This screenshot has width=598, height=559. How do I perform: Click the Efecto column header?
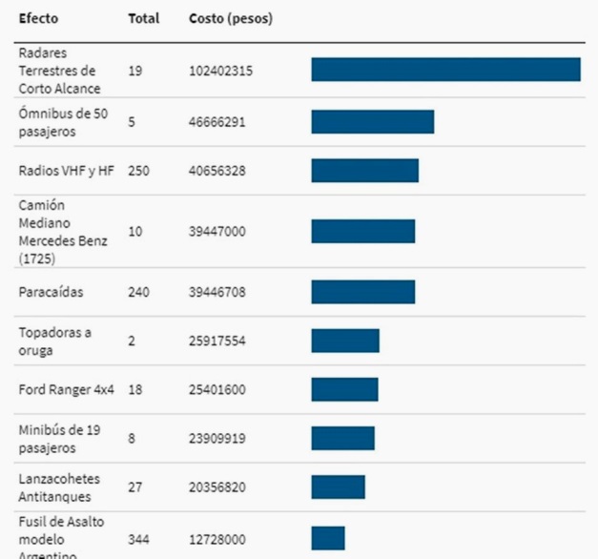click(x=37, y=18)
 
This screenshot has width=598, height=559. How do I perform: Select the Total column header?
click(x=143, y=18)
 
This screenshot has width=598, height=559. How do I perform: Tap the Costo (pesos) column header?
click(x=231, y=18)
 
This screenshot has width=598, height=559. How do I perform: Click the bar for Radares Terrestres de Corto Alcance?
click(x=445, y=70)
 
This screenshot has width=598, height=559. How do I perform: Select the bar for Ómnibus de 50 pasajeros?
click(x=372, y=121)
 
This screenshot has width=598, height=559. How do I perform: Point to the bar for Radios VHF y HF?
click(x=364, y=170)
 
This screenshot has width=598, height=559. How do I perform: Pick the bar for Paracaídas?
click(x=362, y=291)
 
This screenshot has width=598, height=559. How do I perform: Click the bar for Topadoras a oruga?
click(x=344, y=341)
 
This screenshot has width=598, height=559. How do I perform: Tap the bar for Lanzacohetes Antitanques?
click(x=338, y=487)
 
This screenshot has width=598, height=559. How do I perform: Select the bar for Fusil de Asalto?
click(x=327, y=538)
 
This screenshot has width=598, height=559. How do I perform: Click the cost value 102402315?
click(x=220, y=71)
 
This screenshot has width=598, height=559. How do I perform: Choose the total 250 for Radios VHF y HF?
click(x=138, y=171)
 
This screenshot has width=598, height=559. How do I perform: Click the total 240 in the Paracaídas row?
click(x=138, y=292)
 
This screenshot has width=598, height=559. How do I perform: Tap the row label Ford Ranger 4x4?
click(x=66, y=389)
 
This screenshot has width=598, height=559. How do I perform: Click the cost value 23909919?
click(x=217, y=439)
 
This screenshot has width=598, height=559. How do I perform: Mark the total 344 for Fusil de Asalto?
click(x=138, y=539)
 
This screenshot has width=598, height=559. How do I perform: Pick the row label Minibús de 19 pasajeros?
click(x=60, y=439)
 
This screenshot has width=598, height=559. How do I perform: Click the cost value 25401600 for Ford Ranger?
click(x=217, y=389)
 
